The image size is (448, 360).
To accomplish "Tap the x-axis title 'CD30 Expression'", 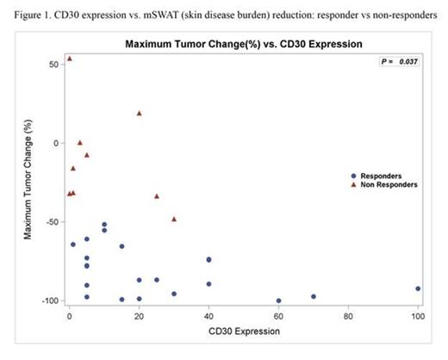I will coord(244,330).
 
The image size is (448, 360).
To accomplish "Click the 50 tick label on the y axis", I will coord(53,65).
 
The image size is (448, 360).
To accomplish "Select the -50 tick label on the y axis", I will coord(51,222).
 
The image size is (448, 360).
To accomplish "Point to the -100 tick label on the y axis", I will coord(49,301).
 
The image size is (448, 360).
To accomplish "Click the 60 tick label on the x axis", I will coord(278,315).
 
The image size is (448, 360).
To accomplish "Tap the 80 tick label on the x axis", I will coord(348,315).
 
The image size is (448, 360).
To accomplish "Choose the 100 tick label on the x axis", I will coord(418,315).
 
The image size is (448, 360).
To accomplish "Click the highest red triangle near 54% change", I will coord(70,59).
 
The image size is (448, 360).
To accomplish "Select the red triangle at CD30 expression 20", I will coord(139,113).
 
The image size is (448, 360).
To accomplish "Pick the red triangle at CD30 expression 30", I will coord(174,219).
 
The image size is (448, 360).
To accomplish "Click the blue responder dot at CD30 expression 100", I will coord(418,289).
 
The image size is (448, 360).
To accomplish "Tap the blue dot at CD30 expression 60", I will coord(278,301).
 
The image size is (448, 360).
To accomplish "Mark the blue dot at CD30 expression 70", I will coord(314,296).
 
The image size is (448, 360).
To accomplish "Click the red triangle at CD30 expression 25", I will coord(157,196).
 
